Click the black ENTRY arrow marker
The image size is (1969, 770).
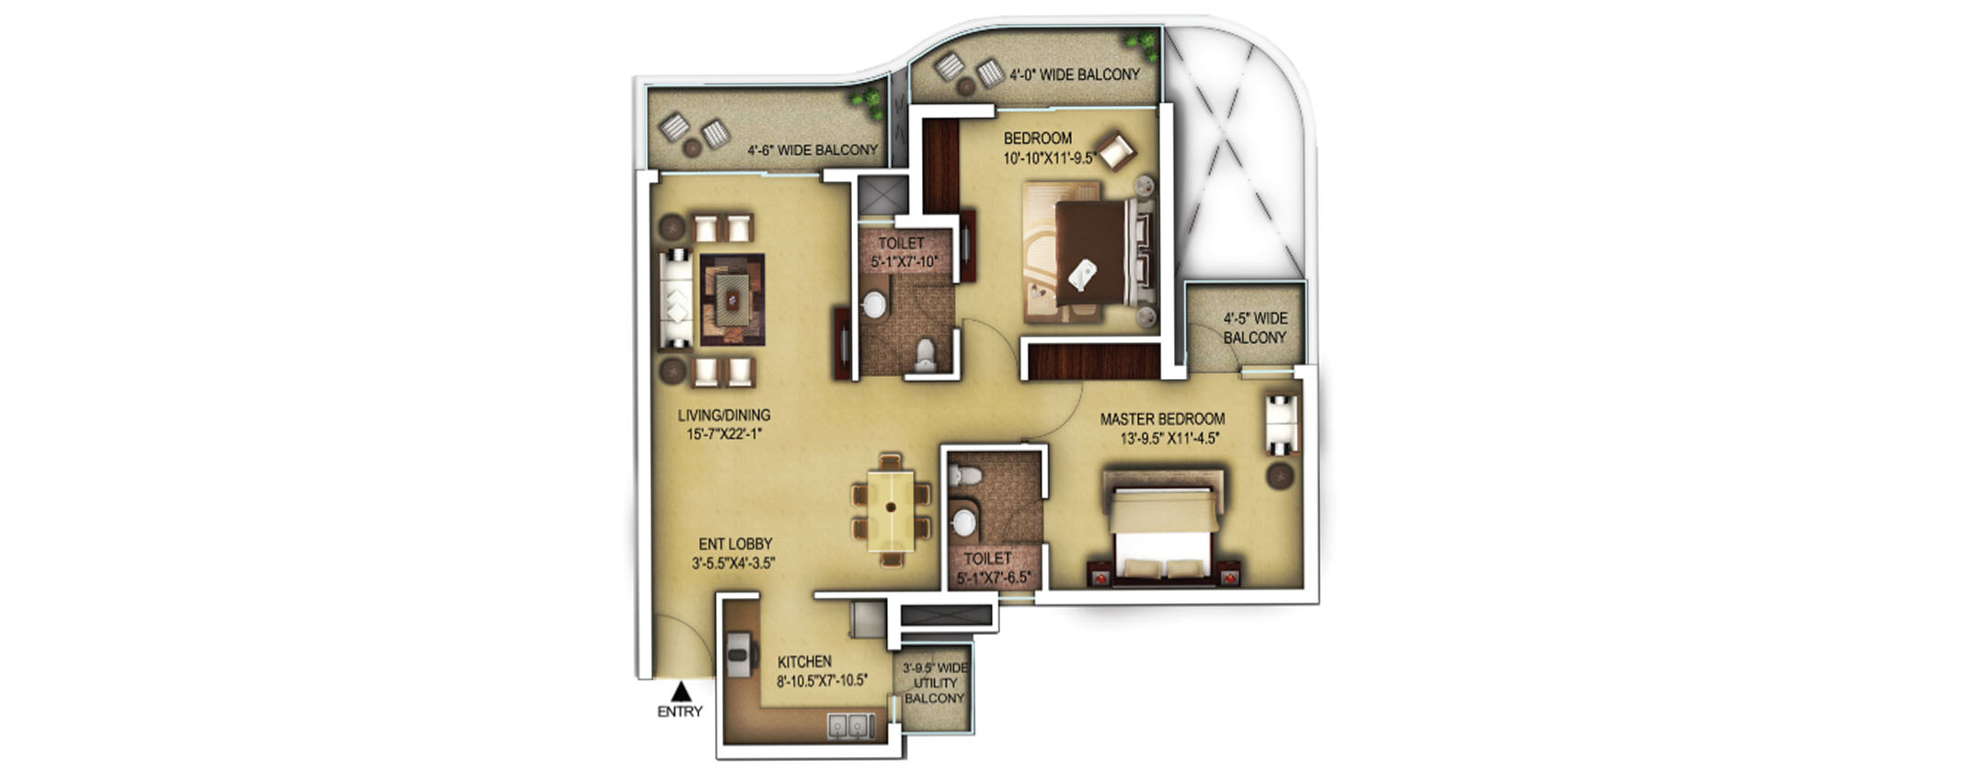click(x=680, y=692)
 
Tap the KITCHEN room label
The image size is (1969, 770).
click(x=804, y=661)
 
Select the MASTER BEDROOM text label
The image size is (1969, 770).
click(x=1162, y=419)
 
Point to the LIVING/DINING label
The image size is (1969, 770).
click(x=724, y=416)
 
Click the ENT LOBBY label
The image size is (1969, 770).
click(x=735, y=545)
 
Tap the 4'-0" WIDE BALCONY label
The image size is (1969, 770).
click(x=1075, y=75)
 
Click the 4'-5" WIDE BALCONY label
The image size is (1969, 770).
click(x=1255, y=328)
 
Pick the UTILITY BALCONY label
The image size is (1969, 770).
click(x=935, y=684)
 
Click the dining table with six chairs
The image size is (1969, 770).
click(x=891, y=509)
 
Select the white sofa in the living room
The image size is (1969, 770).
click(x=676, y=299)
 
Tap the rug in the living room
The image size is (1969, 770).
click(x=732, y=299)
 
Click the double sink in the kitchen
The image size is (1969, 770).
click(x=851, y=727)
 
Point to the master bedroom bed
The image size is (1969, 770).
click(x=1164, y=529)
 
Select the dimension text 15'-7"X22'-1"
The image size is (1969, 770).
click(x=724, y=434)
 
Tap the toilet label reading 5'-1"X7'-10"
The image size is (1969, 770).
click(x=904, y=262)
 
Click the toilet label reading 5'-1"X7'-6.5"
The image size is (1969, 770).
click(x=994, y=578)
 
